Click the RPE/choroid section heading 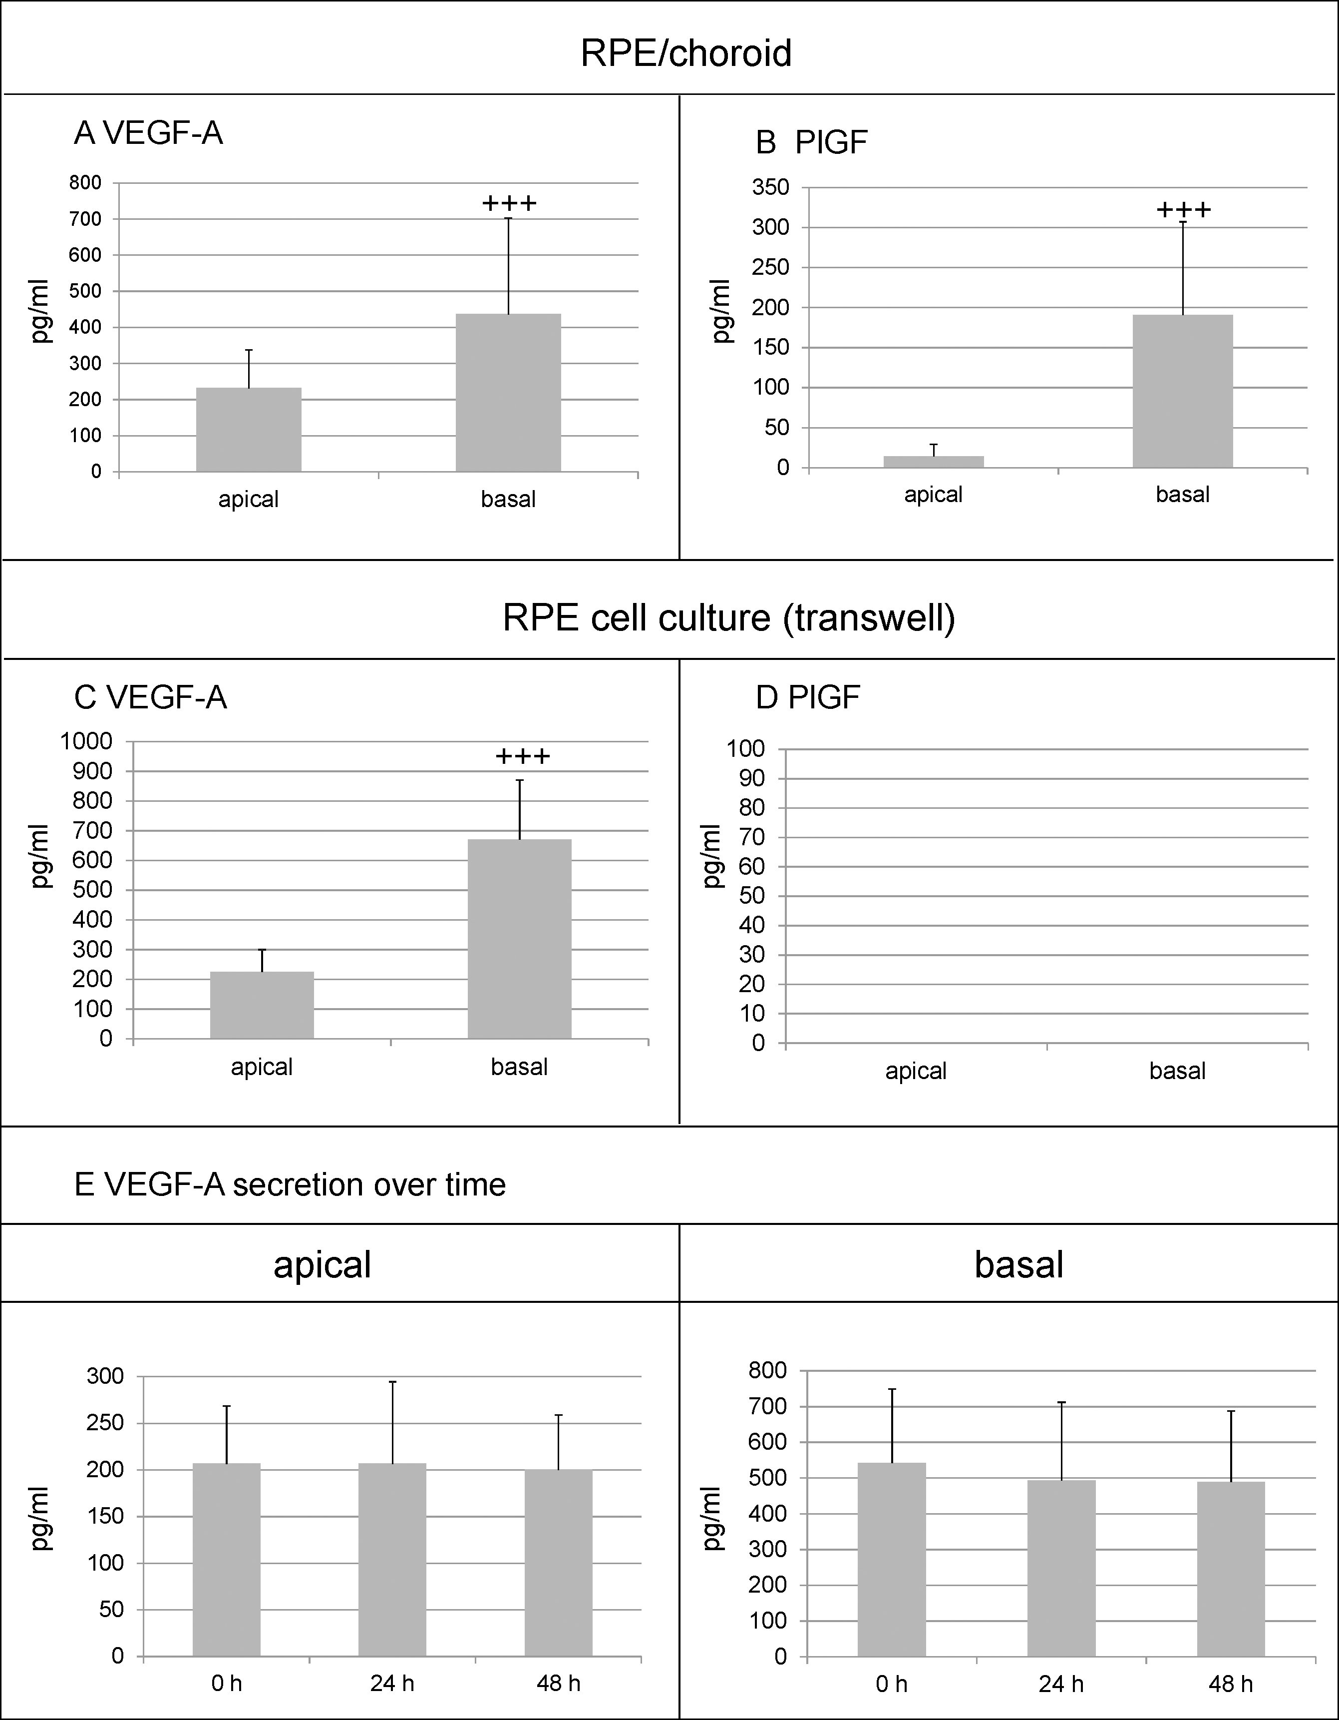coord(685,53)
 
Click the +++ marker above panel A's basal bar coord(509,203)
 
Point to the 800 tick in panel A coord(86,183)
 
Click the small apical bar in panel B coord(934,462)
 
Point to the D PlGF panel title coord(808,698)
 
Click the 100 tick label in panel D coord(745,749)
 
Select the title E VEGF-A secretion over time coord(290,1184)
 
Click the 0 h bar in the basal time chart coord(892,1559)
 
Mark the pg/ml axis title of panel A coord(41,312)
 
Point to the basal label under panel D coord(1177,1071)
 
